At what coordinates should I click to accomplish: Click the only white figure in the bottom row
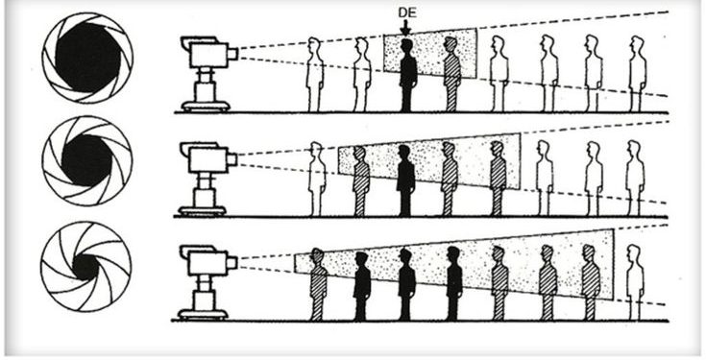(635, 284)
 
